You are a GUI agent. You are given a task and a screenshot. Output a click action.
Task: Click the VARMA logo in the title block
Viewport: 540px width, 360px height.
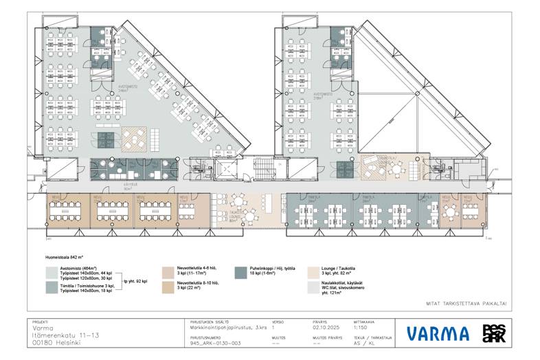point(438,334)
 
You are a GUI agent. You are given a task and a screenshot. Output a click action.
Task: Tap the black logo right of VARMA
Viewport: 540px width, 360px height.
point(493,333)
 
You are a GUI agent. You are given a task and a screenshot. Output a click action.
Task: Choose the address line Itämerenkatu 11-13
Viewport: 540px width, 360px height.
point(65,335)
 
